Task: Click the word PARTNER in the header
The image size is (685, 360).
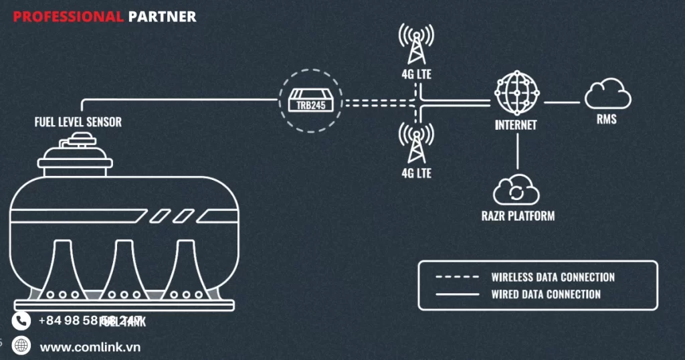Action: pos(163,17)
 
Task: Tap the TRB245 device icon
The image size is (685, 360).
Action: pos(310,103)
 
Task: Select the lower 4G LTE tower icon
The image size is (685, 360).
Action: pos(416,143)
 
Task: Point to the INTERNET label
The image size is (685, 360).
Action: pos(516,125)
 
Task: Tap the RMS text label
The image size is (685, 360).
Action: pos(607,120)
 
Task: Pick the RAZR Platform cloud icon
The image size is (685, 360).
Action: pos(516,190)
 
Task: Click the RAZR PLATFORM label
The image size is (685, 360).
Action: pos(518,216)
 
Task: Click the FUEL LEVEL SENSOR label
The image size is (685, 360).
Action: pos(78,122)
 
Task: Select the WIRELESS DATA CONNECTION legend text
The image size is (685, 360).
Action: pos(553,277)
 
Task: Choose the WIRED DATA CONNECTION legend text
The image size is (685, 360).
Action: pos(546,294)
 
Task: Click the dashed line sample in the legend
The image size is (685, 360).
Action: pos(457,276)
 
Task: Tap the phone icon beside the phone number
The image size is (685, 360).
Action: pos(22,321)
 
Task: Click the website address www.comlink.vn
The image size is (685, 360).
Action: pos(90,347)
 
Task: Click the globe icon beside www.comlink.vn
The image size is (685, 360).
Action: pos(22,346)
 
